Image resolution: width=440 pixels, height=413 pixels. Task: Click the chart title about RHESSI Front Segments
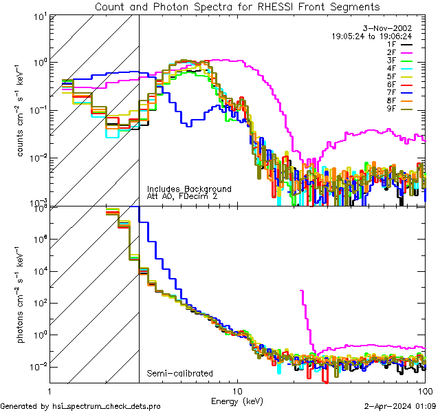click(x=237, y=6)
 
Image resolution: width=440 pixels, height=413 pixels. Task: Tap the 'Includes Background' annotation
click(x=188, y=189)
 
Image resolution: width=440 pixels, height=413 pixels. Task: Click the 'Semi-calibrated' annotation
click(x=179, y=374)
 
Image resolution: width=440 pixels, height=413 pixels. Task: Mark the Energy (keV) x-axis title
click(x=237, y=401)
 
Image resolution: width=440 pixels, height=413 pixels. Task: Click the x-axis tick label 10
click(x=237, y=390)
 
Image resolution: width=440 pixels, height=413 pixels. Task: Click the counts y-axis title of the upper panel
click(x=21, y=110)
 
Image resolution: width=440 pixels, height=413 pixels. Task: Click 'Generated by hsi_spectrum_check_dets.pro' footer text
click(x=80, y=407)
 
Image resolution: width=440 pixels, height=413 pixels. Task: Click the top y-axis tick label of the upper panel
click(x=38, y=16)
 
